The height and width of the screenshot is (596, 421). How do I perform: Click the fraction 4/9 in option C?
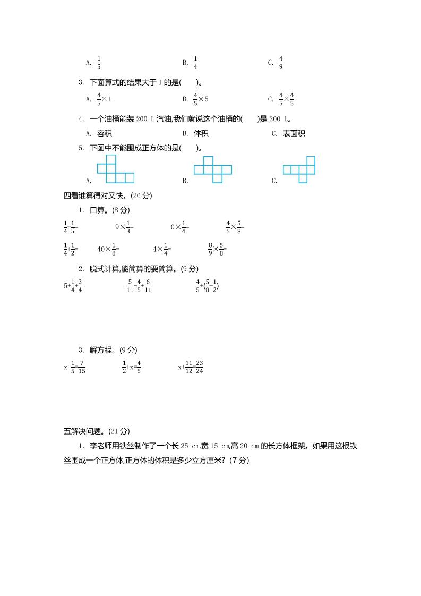click(x=281, y=63)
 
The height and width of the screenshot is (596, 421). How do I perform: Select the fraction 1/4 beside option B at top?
click(x=195, y=63)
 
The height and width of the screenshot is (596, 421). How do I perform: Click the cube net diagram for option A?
click(x=115, y=169)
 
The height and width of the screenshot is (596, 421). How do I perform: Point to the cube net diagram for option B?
click(x=212, y=169)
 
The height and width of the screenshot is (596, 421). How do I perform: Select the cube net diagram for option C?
click(x=299, y=169)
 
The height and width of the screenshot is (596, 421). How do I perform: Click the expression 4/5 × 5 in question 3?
click(x=201, y=99)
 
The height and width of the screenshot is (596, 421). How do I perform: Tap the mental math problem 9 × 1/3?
click(x=124, y=227)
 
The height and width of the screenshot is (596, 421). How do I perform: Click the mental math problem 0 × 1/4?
click(x=179, y=227)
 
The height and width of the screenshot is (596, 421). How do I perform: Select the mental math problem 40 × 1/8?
click(x=108, y=248)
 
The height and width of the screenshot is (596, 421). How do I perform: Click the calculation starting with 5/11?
click(x=139, y=286)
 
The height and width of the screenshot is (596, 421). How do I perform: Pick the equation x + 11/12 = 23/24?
click(x=193, y=367)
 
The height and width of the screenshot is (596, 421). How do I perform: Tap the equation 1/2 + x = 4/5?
click(x=131, y=367)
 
